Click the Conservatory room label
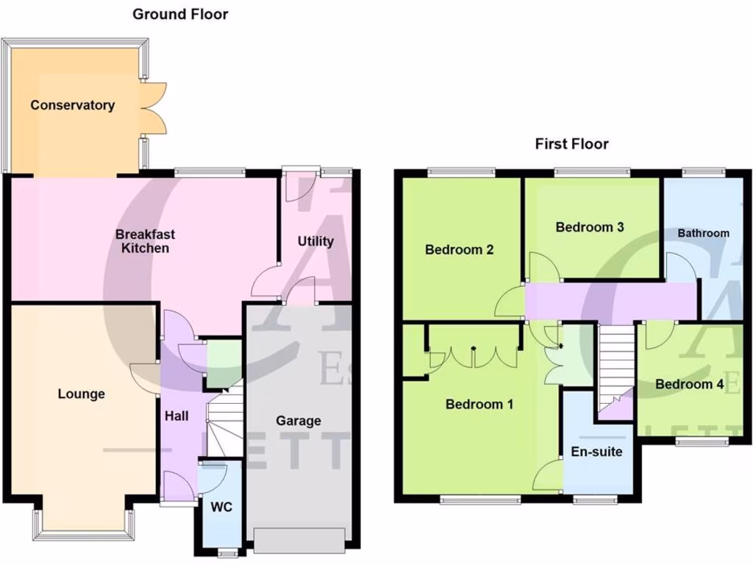point(72,105)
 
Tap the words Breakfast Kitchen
point(145,241)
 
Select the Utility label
point(315,241)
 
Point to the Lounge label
point(82,394)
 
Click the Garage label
point(299,421)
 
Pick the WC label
point(221,508)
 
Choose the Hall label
point(176,416)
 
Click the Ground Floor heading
point(180,14)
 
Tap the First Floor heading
point(571,144)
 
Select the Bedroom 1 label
point(479,404)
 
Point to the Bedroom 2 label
point(459,249)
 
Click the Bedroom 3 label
point(590,227)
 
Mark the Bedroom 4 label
point(689,384)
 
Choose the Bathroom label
point(704,233)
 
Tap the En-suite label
point(596,452)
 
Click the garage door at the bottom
point(299,540)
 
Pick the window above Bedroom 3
point(592,173)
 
